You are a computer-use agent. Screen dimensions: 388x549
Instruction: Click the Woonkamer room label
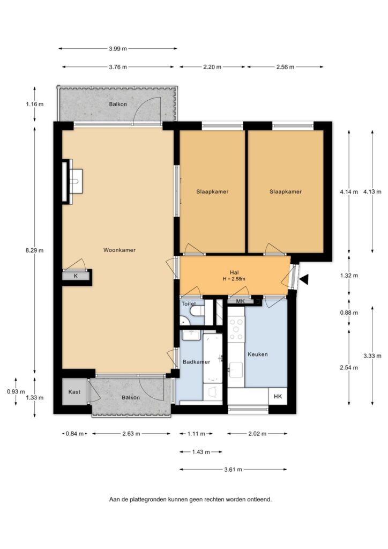coord(120,250)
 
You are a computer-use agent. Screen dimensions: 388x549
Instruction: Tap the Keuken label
coord(257,354)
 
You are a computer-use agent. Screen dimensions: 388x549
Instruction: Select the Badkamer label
coord(196,362)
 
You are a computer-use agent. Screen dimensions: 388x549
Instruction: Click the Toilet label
coord(188,304)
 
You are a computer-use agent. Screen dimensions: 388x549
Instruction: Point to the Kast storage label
coord(74,392)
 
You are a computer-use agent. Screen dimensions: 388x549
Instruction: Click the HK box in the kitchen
coord(278,396)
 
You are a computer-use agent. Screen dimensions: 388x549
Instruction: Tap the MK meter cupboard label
coord(241,301)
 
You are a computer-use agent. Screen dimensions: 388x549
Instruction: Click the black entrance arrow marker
coord(304,279)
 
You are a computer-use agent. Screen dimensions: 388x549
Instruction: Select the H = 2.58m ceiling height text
coord(234,279)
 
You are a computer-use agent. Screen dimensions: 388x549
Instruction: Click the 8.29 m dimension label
coord(35,250)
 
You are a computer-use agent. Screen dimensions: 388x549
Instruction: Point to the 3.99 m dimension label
coord(117,49)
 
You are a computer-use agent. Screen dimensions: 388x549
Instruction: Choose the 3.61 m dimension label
coord(233,470)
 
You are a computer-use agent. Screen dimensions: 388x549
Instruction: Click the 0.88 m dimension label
coord(349,313)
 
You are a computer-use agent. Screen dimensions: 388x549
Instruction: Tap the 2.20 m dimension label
coord(212,67)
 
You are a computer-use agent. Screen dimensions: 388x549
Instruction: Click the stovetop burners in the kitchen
coord(236,329)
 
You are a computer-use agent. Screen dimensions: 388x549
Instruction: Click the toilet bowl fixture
coord(197,310)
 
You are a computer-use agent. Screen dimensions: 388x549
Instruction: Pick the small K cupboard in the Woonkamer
coord(76,276)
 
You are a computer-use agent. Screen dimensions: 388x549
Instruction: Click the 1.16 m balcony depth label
coord(35,104)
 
